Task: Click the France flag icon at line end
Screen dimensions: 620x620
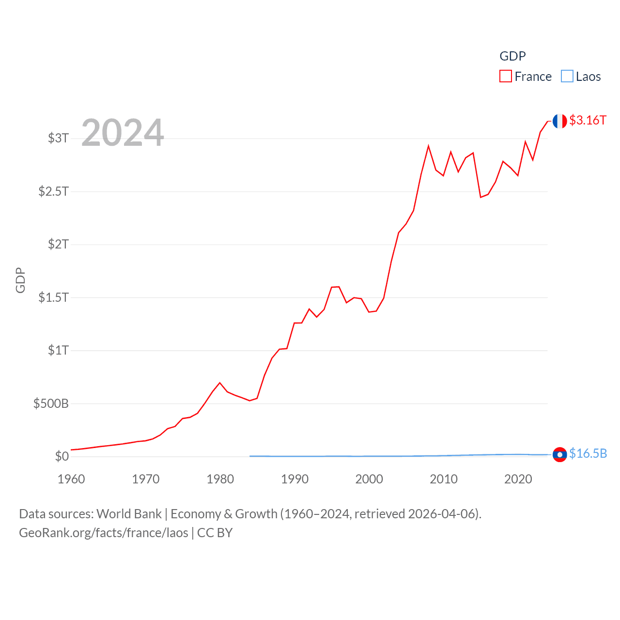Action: [559, 121]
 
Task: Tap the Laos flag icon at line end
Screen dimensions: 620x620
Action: [559, 455]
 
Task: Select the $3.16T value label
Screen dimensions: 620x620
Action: [588, 120]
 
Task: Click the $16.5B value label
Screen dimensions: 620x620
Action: [588, 453]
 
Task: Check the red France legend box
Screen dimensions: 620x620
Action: [506, 77]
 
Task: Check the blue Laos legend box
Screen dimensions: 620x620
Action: [567, 77]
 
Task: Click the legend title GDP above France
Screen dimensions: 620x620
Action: [512, 56]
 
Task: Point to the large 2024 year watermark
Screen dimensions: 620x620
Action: [123, 133]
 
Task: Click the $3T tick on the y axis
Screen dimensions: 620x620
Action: [58, 138]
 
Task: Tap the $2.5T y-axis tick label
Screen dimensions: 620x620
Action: [53, 191]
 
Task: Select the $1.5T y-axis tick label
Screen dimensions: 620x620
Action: [53, 297]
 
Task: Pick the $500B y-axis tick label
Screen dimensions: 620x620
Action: [51, 403]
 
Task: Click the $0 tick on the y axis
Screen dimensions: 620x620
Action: [62, 456]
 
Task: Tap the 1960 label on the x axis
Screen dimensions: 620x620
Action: [71, 479]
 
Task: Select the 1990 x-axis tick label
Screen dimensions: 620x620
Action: [294, 479]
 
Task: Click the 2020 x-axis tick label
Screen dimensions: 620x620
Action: [518, 479]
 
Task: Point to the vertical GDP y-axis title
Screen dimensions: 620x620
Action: [20, 280]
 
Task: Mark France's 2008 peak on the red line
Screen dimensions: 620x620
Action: [428, 146]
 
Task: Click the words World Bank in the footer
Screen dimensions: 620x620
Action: [129, 513]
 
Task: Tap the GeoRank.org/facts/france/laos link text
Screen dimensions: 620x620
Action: [104, 533]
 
